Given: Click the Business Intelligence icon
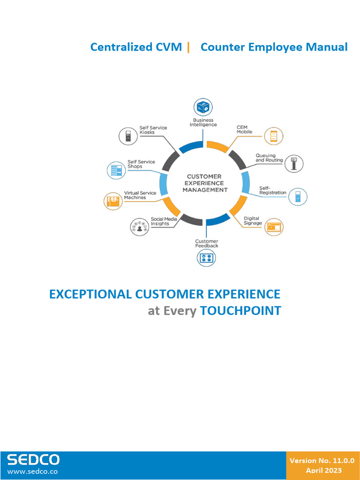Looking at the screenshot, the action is pos(203,107).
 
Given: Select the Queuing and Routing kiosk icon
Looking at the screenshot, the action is pos(294,164).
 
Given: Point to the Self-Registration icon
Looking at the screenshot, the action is pos(298,196).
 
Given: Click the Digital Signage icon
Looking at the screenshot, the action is pos(274,227).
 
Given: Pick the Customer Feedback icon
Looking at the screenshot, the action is pos(206,257).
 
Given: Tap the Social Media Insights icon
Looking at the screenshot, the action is pos(140,227).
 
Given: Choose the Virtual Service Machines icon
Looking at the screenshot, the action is pos(113,201).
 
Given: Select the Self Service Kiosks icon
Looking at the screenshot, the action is pos(128,136).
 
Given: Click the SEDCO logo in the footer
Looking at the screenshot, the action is pos(33,460).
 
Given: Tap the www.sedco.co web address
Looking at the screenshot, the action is pos(32,472).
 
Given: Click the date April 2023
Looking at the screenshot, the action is pos(324,471).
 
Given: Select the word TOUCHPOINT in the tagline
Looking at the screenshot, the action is pos(240,311).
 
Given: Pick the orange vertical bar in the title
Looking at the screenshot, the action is pos(188,47).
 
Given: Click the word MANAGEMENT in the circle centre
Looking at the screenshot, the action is pos(205,190).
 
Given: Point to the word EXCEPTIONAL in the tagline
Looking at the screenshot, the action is pos(90,294).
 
